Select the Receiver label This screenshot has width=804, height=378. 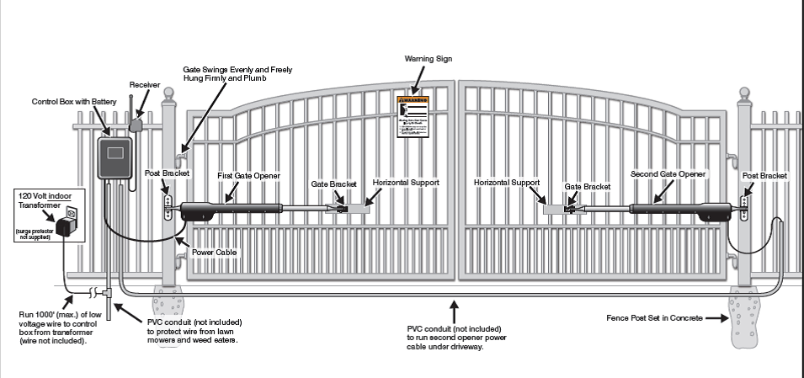pyautogui.click(x=144, y=85)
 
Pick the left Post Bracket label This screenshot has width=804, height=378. pyautogui.click(x=168, y=173)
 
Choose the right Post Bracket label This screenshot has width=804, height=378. pyautogui.click(x=764, y=175)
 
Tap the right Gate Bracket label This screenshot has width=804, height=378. pyautogui.click(x=587, y=186)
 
